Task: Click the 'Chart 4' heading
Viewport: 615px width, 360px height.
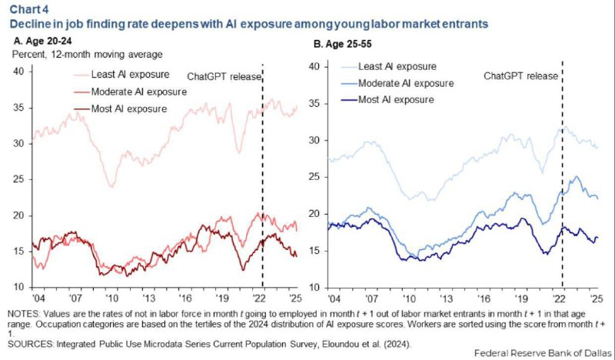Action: pos(30,8)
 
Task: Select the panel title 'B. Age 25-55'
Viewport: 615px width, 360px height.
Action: pos(342,45)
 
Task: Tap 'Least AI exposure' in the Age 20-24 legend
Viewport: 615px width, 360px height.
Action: pos(130,74)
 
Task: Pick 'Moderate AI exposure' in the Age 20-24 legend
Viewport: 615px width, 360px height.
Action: pos(139,92)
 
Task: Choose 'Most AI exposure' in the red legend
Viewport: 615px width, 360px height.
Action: pos(129,108)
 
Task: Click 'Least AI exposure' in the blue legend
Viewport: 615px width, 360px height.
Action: pos(397,66)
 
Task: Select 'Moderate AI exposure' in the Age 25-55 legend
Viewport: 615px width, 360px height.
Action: pos(406,83)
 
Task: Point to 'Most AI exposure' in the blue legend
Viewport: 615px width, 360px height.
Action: pos(396,100)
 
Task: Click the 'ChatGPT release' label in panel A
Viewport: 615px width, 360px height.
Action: pos(224,77)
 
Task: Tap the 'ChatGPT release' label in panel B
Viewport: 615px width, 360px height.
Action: pos(521,75)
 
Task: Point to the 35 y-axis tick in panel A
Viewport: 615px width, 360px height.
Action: pos(19,108)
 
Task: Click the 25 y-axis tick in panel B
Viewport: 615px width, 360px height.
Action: pos(315,177)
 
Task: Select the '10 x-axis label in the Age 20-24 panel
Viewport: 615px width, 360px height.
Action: pos(111,298)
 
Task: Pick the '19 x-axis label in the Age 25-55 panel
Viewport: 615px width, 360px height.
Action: pos(522,298)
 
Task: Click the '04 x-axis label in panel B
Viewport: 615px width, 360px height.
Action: pos(334,298)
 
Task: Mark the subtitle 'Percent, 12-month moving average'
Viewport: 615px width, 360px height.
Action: pos(88,55)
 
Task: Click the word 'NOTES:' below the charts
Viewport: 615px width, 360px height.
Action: pos(24,314)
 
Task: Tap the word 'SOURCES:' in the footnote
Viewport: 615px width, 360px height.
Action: pos(30,345)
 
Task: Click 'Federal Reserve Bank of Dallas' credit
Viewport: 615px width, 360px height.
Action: pos(543,353)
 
